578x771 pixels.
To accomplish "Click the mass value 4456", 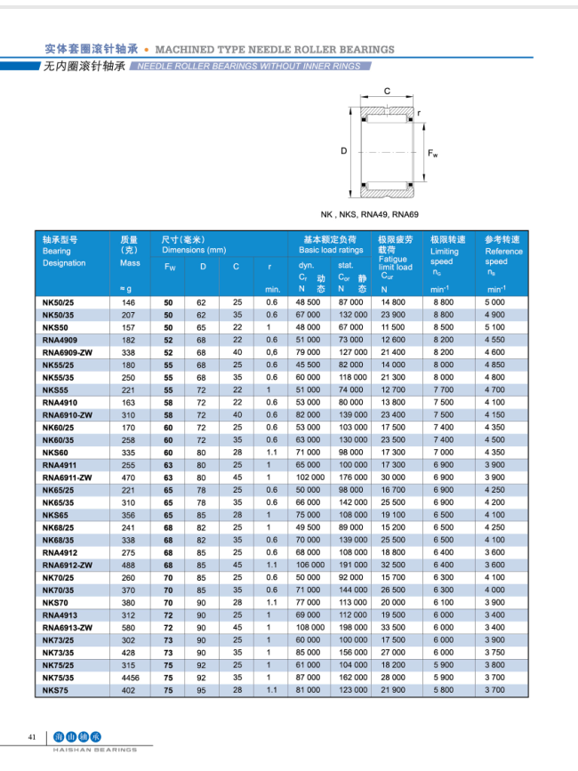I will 130,677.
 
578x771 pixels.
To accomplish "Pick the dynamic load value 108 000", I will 309,627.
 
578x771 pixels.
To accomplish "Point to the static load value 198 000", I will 352,627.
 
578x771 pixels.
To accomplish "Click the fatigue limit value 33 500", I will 392,627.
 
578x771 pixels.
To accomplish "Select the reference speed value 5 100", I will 495,327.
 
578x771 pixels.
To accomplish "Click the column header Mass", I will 130,263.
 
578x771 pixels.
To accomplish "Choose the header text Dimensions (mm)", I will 194,251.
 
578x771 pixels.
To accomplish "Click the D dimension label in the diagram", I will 343,151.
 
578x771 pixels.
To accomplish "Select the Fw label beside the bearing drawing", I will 433,154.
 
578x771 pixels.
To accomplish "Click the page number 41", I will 32,737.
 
